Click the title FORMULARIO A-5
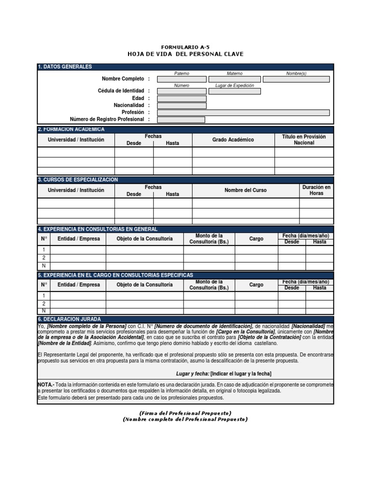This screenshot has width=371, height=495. tap(185, 47)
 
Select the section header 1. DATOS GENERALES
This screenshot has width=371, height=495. tap(65, 67)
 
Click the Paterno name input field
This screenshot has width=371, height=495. tap(182, 79)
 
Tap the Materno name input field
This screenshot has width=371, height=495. tap(234, 79)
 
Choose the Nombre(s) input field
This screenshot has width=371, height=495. tap(296, 79)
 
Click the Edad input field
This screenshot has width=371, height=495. tap(182, 99)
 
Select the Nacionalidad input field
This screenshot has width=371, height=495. tap(182, 105)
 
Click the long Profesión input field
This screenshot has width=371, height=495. tap(243, 113)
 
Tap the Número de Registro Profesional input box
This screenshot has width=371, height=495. tap(181, 119)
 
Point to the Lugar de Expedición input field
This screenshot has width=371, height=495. tap(234, 91)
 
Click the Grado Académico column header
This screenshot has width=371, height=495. tap(233, 140)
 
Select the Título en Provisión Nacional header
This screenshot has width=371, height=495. tap(304, 140)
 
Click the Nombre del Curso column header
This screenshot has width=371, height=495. tap(245, 190)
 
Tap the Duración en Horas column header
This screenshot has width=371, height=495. tap(316, 190)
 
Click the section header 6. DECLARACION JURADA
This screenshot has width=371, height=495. tap(69, 320)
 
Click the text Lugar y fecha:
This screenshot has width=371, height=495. tap(193, 374)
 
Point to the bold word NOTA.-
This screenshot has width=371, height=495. tap(46, 384)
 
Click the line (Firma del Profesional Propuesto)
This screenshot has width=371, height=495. tap(185, 413)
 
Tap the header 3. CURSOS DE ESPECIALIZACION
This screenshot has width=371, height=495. tap(78, 180)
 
